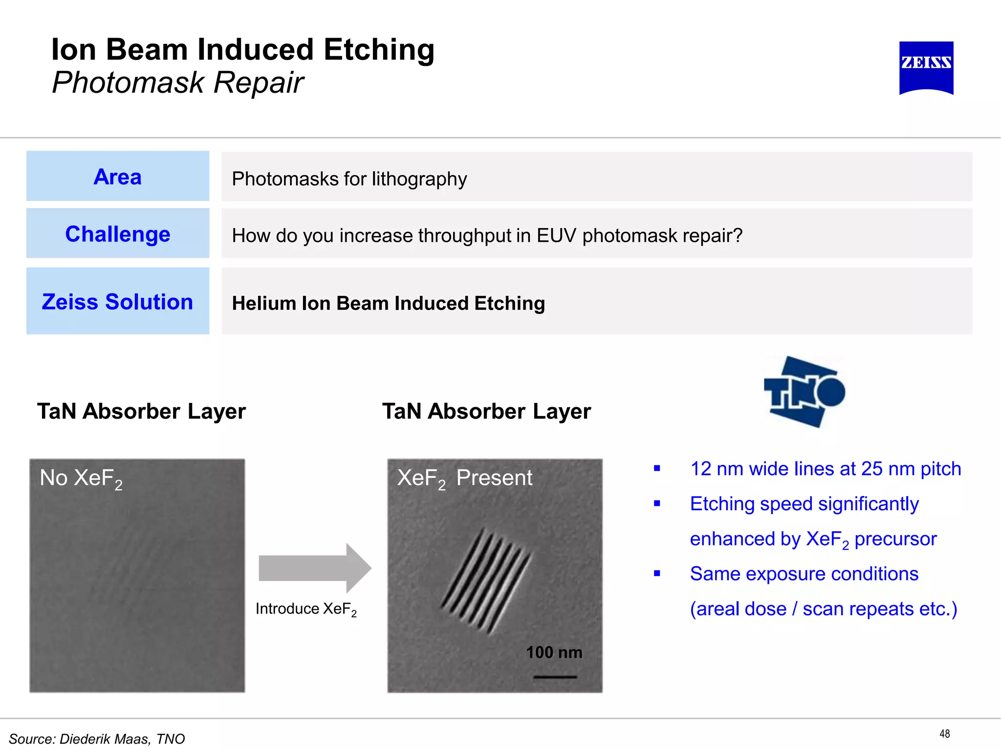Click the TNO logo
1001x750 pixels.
pyautogui.click(x=804, y=392)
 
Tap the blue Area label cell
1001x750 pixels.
pyautogui.click(x=118, y=176)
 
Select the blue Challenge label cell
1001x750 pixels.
pyautogui.click(x=118, y=233)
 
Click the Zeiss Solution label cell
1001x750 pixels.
pyautogui.click(x=118, y=301)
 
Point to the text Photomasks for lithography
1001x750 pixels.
pyautogui.click(x=349, y=179)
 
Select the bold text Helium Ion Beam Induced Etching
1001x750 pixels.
pyautogui.click(x=388, y=303)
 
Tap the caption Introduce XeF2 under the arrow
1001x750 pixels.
pyautogui.click(x=306, y=609)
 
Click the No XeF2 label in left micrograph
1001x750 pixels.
pyautogui.click(x=81, y=478)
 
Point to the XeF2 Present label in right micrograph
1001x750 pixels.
pyautogui.click(x=464, y=478)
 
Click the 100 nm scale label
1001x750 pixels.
pyautogui.click(x=554, y=652)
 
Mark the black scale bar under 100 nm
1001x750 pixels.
pyautogui.click(x=555, y=677)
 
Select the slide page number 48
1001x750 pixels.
pyautogui.click(x=944, y=733)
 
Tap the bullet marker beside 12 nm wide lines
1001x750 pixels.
pyautogui.click(x=657, y=469)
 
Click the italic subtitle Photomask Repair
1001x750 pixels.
pyautogui.click(x=178, y=82)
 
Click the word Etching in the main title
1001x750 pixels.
pyautogui.click(x=378, y=50)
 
